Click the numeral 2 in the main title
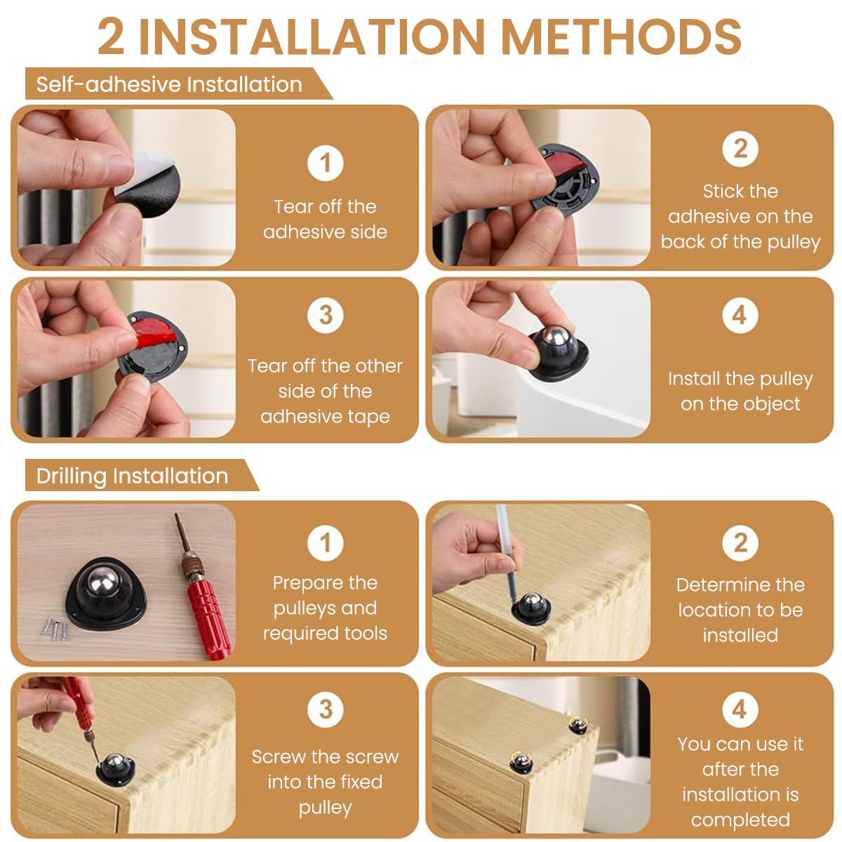click(111, 36)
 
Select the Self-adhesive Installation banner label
click(169, 84)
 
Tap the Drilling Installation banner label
click(132, 476)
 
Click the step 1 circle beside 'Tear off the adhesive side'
click(325, 163)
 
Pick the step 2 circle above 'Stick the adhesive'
click(740, 149)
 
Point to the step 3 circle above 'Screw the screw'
click(325, 709)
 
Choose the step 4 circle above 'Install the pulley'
click(740, 316)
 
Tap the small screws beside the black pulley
click(55, 629)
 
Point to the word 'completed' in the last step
click(740, 820)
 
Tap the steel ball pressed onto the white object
click(554, 338)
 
